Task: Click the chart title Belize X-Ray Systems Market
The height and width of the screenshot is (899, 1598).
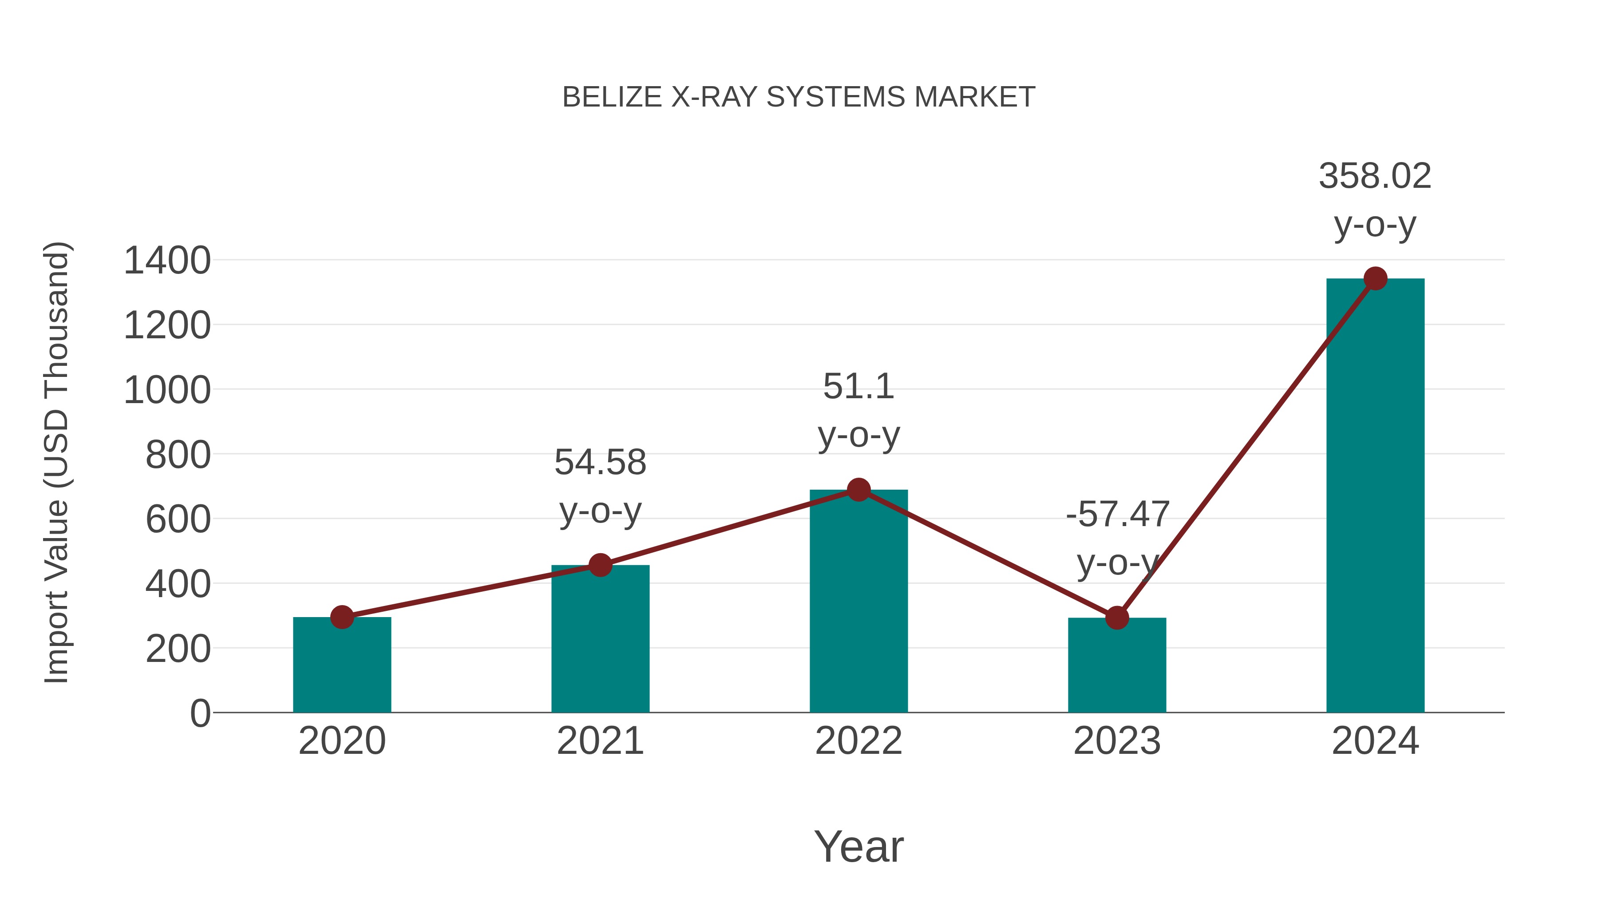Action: pos(799,97)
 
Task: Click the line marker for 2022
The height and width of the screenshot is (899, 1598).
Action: pos(858,490)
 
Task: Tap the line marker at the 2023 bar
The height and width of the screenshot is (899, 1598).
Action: pos(1117,618)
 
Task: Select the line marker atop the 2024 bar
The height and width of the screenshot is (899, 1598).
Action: pos(1375,278)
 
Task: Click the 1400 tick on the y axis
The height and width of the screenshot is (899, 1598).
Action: pos(167,261)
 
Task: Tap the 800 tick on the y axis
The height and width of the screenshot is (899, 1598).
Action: pos(178,455)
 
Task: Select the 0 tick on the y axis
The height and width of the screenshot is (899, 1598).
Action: pos(200,713)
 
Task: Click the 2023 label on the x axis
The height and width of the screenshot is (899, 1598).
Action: pos(1117,741)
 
